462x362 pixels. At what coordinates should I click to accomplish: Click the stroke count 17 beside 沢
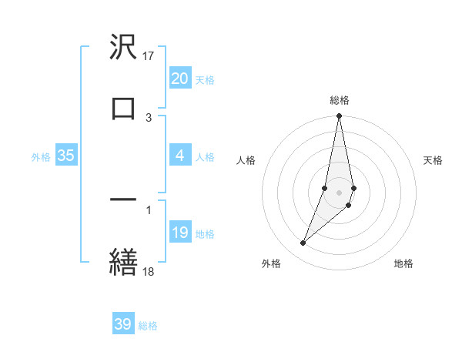pyautogui.click(x=149, y=55)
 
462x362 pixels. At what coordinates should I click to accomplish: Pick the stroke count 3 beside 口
pyautogui.click(x=149, y=117)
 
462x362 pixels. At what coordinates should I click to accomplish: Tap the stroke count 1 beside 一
pyautogui.click(x=149, y=209)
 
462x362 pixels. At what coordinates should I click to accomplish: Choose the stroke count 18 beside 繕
pyautogui.click(x=149, y=270)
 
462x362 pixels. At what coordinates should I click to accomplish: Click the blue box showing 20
pyautogui.click(x=179, y=79)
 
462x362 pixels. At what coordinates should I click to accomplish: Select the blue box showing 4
pyautogui.click(x=179, y=156)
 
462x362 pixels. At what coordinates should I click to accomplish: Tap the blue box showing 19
pyautogui.click(x=179, y=233)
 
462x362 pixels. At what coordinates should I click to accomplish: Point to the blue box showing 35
pyautogui.click(x=66, y=156)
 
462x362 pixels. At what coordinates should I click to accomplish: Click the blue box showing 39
pyautogui.click(x=123, y=324)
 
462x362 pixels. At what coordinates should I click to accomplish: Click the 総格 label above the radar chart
pyautogui.click(x=340, y=100)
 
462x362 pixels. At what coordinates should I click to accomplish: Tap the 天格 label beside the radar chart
pyautogui.click(x=434, y=160)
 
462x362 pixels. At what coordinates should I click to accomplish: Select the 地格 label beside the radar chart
pyautogui.click(x=403, y=263)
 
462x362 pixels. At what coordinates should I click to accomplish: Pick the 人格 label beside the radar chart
pyautogui.click(x=246, y=160)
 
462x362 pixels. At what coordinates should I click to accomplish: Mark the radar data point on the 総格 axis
pyautogui.click(x=339, y=116)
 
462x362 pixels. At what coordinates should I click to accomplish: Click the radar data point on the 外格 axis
pyautogui.click(x=303, y=243)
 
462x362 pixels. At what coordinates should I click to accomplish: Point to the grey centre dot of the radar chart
pyautogui.click(x=339, y=192)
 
